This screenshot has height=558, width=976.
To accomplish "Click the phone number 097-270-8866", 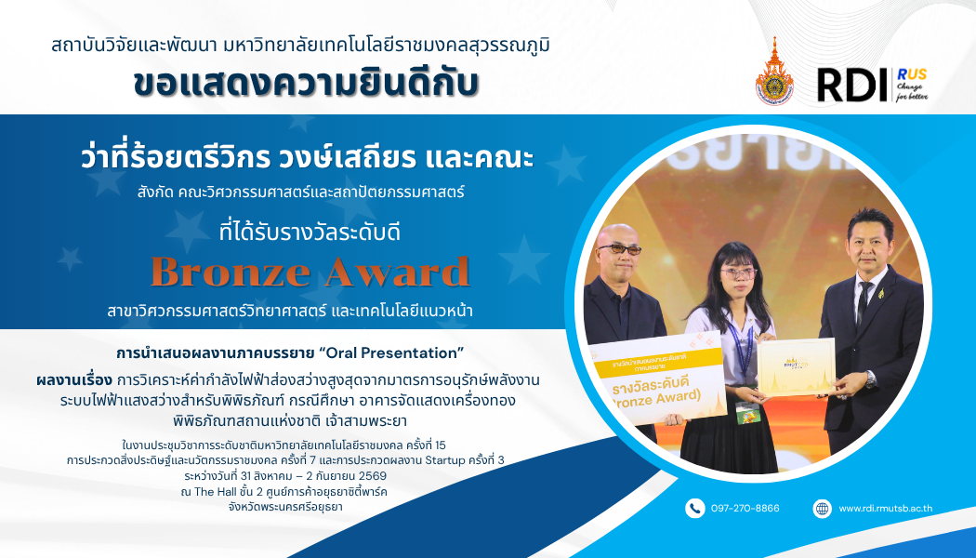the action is (745, 508).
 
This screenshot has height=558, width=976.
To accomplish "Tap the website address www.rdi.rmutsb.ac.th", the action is (885, 508).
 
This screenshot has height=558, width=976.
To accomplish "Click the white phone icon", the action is (694, 508).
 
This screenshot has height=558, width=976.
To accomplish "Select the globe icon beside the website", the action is (823, 508).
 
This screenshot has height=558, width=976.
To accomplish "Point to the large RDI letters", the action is (851, 86).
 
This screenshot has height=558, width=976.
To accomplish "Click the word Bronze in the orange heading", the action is (231, 272).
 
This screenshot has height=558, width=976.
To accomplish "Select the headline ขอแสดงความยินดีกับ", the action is (306, 84).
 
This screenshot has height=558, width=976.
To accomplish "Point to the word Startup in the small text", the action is (445, 461).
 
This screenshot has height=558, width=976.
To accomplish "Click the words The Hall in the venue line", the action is (216, 492).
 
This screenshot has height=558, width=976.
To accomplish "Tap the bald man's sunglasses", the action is (619, 249).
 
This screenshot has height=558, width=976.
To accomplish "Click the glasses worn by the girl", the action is (738, 272).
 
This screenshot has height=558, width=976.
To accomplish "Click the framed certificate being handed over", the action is (796, 366).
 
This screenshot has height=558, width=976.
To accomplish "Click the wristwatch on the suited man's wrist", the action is (870, 379).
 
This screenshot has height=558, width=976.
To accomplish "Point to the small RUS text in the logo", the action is (912, 74).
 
